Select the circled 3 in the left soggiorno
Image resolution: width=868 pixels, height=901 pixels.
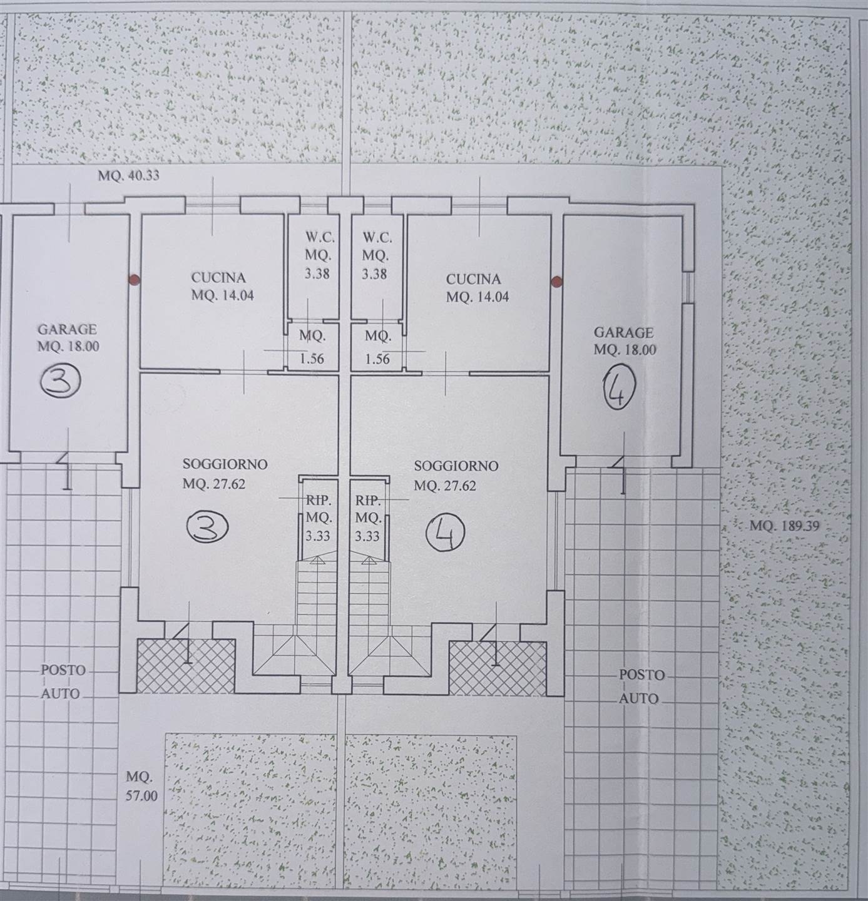pos(207,529)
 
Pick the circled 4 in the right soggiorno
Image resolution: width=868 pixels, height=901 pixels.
pos(445,533)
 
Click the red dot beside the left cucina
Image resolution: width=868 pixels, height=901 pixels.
pos(134,279)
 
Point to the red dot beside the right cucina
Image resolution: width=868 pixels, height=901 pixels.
pos(557,280)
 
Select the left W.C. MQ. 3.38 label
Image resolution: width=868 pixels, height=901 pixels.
pos(317,255)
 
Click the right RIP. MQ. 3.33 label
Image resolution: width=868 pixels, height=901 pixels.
pos(368,518)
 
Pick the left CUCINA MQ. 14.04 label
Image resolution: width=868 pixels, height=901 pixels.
pos(222,287)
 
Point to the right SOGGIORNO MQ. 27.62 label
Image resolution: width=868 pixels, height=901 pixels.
pos(456,476)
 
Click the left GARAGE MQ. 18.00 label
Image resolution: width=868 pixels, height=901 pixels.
pos(68,337)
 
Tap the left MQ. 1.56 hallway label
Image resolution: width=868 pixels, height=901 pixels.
pos(312,347)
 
